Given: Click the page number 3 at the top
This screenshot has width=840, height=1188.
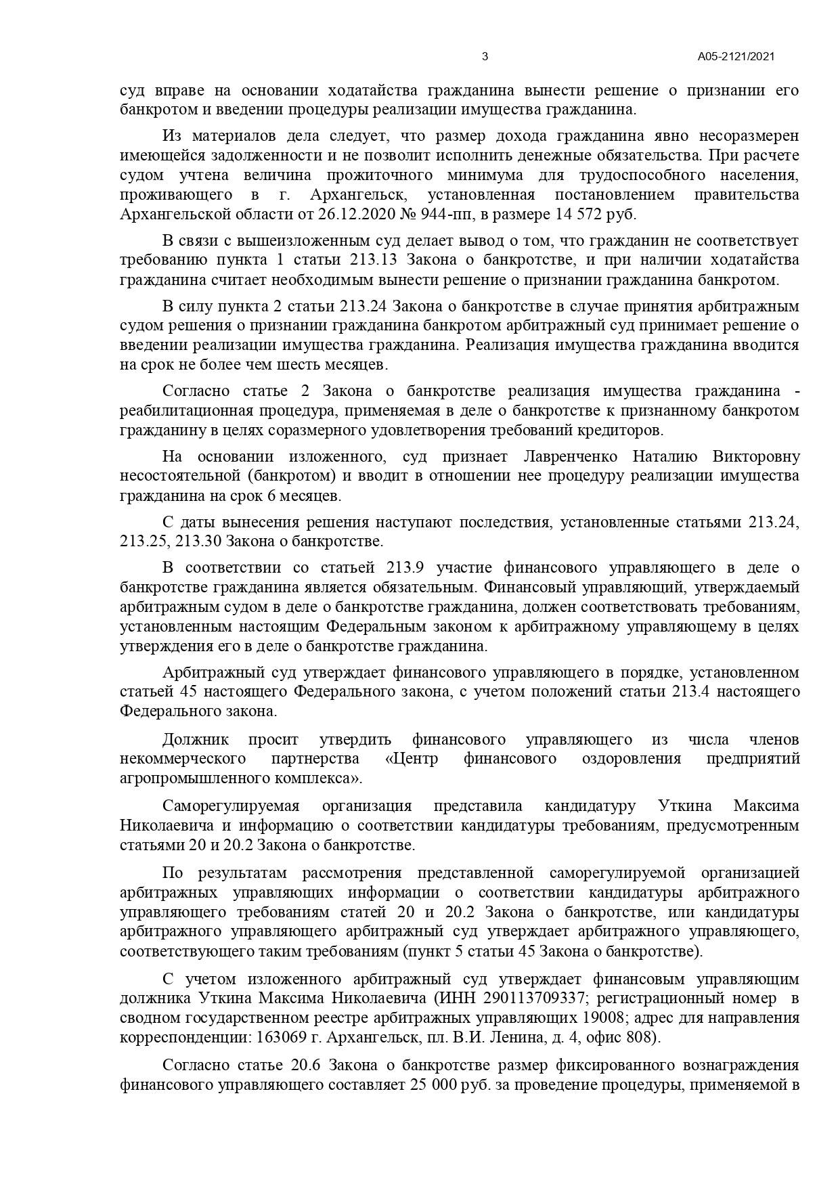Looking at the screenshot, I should [x=485, y=57].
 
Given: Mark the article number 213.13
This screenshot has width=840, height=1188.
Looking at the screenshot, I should [x=374, y=260].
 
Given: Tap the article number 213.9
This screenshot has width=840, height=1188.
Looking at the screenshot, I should [x=406, y=567].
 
